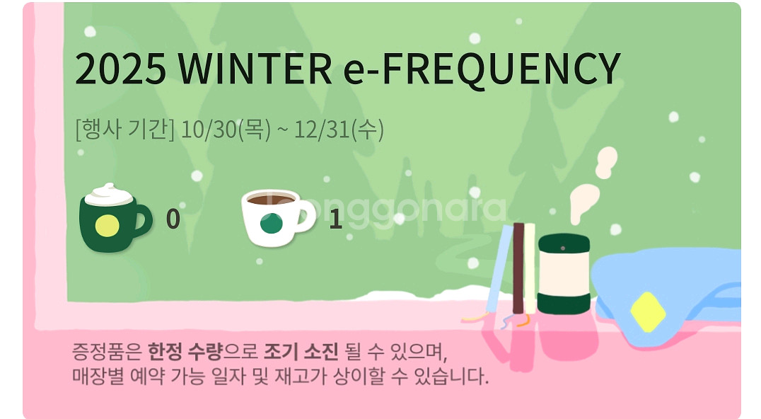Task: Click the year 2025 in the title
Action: [120, 68]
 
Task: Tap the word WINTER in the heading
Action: [255, 68]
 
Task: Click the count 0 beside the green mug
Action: [173, 219]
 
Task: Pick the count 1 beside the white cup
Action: [335, 219]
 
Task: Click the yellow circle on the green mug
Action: [108, 226]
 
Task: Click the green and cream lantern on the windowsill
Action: [563, 273]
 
